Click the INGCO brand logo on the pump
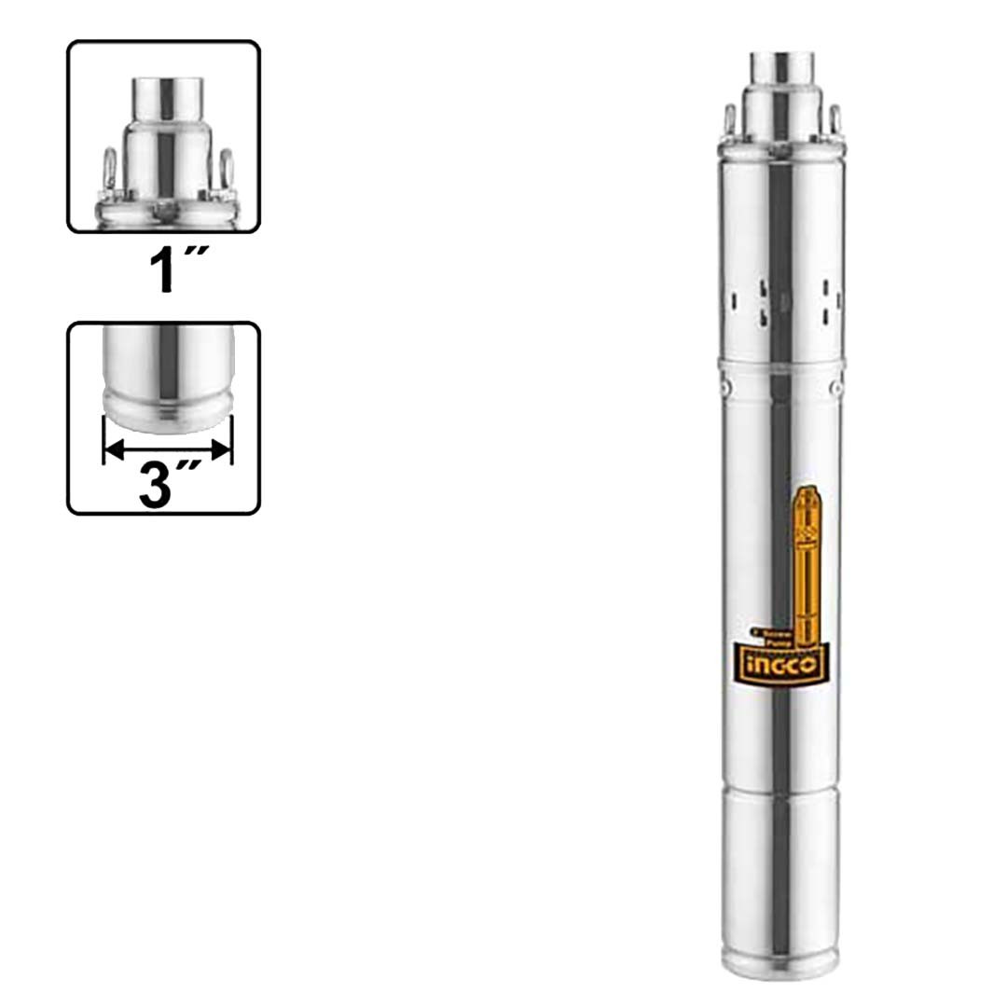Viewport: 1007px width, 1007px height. click(781, 664)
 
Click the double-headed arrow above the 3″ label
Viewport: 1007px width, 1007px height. click(166, 450)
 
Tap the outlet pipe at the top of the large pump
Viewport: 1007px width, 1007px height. click(781, 67)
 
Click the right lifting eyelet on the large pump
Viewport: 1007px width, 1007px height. click(834, 120)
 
